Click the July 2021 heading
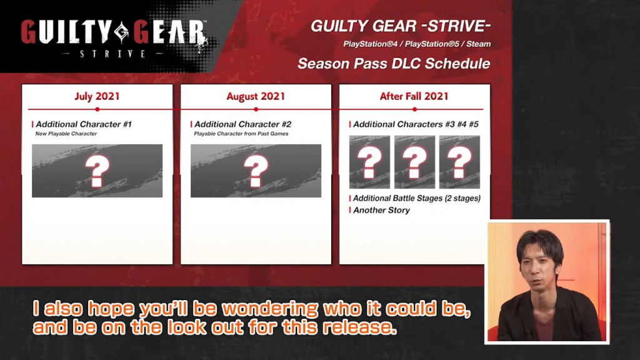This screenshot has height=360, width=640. (x=97, y=96)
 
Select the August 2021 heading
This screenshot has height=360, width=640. (x=256, y=96)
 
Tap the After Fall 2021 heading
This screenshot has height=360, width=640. (x=414, y=96)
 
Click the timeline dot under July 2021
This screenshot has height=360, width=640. (x=97, y=109)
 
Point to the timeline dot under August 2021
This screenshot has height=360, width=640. (x=256, y=109)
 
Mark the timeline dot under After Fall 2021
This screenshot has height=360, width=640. (x=415, y=109)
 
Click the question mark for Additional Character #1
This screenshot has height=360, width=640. (x=97, y=171)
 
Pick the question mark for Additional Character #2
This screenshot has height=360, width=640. (x=256, y=171)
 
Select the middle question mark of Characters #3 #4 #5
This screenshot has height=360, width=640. (x=415, y=162)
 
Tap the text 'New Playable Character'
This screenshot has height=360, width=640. (x=66, y=134)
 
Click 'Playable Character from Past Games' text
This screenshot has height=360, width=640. (x=241, y=134)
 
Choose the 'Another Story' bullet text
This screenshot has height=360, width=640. (x=382, y=210)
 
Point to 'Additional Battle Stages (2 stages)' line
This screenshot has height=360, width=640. (x=417, y=198)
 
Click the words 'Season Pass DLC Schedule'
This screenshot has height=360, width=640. (x=394, y=64)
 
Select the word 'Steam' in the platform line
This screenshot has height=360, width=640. (x=478, y=44)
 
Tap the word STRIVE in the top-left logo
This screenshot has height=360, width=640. (x=113, y=54)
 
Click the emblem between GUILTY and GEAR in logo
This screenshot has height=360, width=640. (x=122, y=32)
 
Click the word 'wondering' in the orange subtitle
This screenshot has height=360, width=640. (x=270, y=309)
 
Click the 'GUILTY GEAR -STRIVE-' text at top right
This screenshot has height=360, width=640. (x=401, y=26)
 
